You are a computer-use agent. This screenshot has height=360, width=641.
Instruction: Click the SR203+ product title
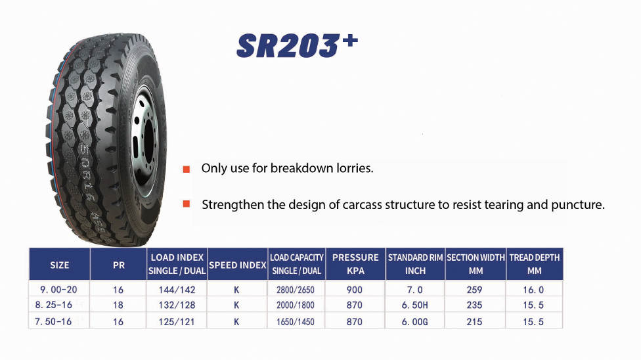(x=298, y=45)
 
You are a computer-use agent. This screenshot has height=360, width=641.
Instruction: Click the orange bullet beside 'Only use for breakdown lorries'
(x=187, y=169)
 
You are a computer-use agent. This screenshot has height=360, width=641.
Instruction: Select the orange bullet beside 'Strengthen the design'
(x=187, y=204)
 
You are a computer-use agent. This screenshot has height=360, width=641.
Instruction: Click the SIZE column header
(x=60, y=265)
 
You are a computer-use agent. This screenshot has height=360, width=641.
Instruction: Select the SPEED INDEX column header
(x=238, y=265)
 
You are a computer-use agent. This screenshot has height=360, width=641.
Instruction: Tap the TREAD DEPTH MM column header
(x=535, y=264)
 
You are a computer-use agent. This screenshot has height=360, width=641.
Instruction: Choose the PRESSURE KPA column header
(x=355, y=264)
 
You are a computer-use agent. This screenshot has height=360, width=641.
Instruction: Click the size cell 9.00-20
(x=58, y=290)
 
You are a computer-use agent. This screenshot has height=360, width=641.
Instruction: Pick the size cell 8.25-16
(x=54, y=305)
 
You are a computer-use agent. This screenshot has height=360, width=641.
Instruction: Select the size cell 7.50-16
(x=53, y=322)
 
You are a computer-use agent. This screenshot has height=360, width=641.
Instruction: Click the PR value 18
(x=118, y=305)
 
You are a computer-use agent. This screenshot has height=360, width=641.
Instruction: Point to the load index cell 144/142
(x=177, y=290)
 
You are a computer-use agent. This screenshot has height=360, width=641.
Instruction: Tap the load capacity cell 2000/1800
(x=296, y=305)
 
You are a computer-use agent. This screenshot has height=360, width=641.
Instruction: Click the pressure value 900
(x=355, y=290)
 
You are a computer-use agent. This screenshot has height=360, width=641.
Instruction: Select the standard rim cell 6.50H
(x=415, y=305)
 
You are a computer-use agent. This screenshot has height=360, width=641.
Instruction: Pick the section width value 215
(x=474, y=322)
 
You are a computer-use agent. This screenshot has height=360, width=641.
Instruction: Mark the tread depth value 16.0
(x=533, y=290)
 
